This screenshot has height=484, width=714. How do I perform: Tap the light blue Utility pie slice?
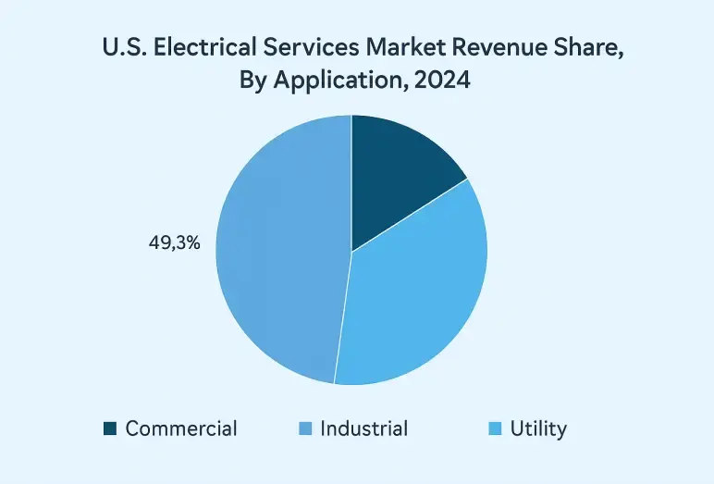tap(416, 296)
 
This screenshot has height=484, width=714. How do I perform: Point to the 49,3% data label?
tap(175, 247)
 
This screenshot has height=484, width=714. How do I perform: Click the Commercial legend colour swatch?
tap(110, 428)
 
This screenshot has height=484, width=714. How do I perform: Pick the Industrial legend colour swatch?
tap(305, 428)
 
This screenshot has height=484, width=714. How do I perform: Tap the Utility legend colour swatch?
tap(495, 428)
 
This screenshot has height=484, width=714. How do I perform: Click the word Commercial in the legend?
tap(181, 428)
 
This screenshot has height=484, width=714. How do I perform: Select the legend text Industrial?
tap(363, 428)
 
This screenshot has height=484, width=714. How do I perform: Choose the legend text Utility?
tap(540, 428)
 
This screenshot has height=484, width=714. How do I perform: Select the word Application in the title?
tap(331, 82)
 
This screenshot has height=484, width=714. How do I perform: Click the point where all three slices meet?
tap(351, 250)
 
